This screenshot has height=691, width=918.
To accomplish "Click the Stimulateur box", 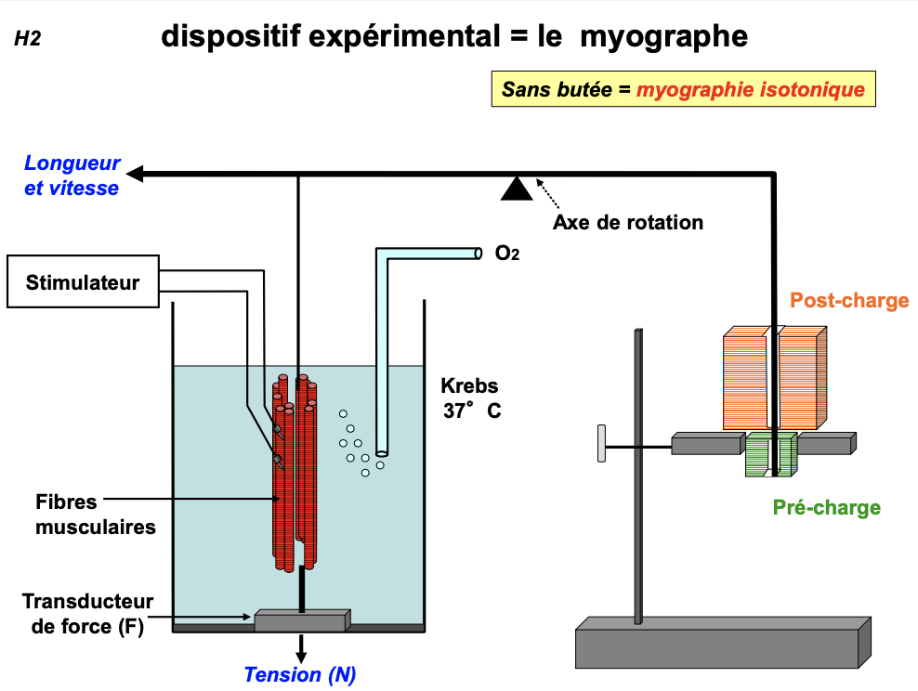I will pos(83,281).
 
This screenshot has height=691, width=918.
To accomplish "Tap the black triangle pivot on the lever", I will pos(517,188).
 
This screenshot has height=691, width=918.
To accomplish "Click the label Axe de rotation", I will pos(628,223).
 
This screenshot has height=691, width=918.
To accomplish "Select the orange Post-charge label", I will pos(849,300).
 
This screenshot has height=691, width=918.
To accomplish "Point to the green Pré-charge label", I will pos(826,507).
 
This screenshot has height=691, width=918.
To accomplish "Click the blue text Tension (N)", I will pos(300,675).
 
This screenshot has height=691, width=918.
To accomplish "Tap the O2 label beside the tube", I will pos(507,254).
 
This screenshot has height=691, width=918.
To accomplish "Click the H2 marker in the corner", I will pos(28,39).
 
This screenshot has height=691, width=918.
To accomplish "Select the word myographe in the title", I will pos(665,36).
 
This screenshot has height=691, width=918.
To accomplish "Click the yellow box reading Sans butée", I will pos(683,90).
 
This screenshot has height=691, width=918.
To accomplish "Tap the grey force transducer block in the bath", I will pos(302,620).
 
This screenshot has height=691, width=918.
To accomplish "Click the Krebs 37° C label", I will pos(471,398).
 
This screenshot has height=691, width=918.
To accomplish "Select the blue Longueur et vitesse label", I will pos(72,176).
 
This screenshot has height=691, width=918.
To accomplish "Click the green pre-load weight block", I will pos(770,455).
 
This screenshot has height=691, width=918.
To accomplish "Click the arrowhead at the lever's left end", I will pos(136,174).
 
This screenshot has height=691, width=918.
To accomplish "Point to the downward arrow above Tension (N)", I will pos(301,648).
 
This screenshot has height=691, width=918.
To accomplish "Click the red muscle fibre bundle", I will pos(296,474).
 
